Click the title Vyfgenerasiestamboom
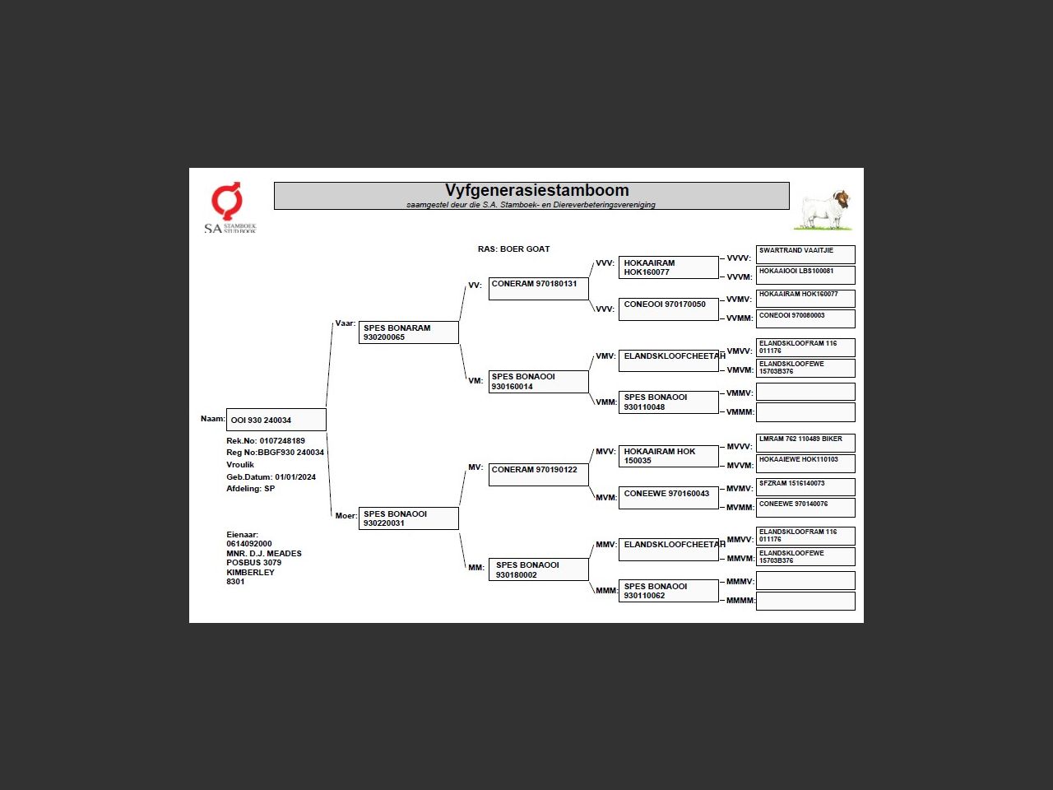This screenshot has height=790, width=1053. (x=536, y=191)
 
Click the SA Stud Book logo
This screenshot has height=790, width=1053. (x=229, y=208)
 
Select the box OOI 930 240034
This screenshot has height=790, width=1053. (x=276, y=420)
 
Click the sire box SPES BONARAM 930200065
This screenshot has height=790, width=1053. (x=408, y=332)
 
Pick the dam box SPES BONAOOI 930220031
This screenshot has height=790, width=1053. (x=408, y=518)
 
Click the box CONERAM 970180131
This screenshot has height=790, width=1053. (x=538, y=288)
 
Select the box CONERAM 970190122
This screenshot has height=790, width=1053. (x=538, y=474)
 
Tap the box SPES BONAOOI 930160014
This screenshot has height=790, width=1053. (x=538, y=382)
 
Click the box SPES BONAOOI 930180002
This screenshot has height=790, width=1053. (x=538, y=569)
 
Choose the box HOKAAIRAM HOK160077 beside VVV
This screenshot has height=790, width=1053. (x=668, y=267)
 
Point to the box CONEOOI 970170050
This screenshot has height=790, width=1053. (x=668, y=308)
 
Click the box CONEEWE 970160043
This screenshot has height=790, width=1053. (x=668, y=497)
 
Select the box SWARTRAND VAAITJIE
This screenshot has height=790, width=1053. (x=805, y=253)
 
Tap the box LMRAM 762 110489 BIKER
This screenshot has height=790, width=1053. (x=805, y=442)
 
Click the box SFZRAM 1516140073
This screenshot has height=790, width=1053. (x=805, y=486)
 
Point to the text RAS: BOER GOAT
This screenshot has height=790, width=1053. (x=513, y=249)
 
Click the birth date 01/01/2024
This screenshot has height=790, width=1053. (x=295, y=477)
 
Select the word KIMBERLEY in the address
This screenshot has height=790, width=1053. (x=250, y=572)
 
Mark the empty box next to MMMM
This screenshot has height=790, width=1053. (x=805, y=601)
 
